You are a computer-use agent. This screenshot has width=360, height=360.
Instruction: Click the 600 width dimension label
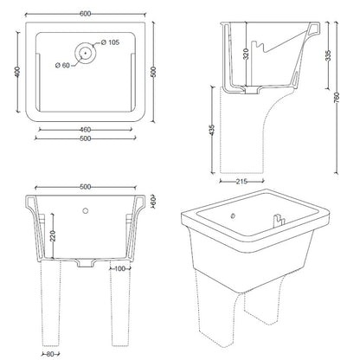click(86, 14)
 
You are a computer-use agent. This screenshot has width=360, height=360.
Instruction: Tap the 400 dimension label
click(17, 72)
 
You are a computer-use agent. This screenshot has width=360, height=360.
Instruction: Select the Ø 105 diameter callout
click(110, 42)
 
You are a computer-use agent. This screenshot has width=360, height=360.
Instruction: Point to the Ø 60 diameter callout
click(62, 66)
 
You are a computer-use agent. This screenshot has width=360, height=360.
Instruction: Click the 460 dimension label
click(85, 130)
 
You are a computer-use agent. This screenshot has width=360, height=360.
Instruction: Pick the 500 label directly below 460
click(86, 138)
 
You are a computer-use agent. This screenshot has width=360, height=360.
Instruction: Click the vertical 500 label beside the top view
click(153, 72)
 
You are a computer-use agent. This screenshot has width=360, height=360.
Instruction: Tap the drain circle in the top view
click(86, 53)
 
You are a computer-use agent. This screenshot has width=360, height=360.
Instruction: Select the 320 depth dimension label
click(246, 54)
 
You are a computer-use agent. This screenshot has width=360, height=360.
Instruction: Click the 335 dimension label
click(328, 55)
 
